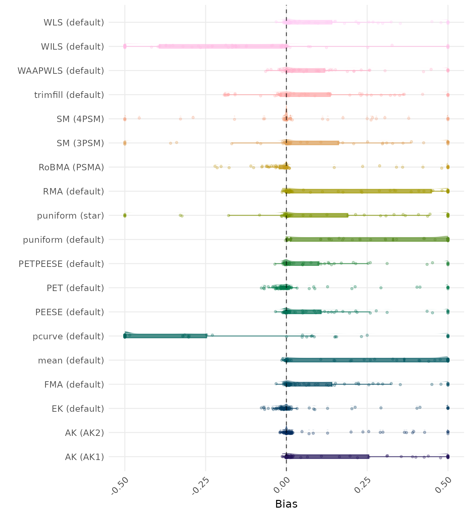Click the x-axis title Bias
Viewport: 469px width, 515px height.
coord(286,504)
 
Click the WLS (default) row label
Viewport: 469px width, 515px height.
coord(74,22)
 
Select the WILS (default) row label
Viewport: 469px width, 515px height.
coord(72,47)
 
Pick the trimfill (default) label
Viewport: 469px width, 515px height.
coord(69,95)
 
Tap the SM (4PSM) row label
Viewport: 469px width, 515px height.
coord(80,119)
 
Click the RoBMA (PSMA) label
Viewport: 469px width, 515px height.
coord(71,167)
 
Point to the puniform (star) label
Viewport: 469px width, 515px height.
coord(70,216)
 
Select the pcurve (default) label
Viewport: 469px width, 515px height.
coord(68,336)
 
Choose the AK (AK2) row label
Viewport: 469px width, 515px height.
coord(84,433)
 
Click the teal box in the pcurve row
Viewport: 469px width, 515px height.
coord(165,336)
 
